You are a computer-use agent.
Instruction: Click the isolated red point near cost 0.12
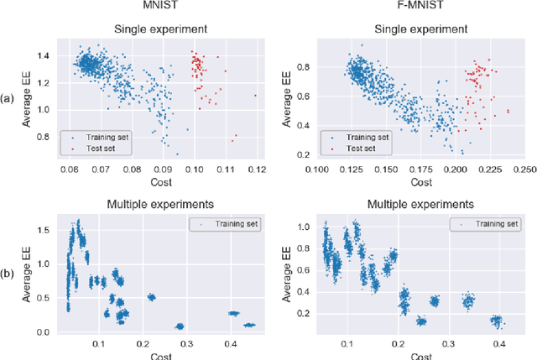[x=255, y=95]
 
